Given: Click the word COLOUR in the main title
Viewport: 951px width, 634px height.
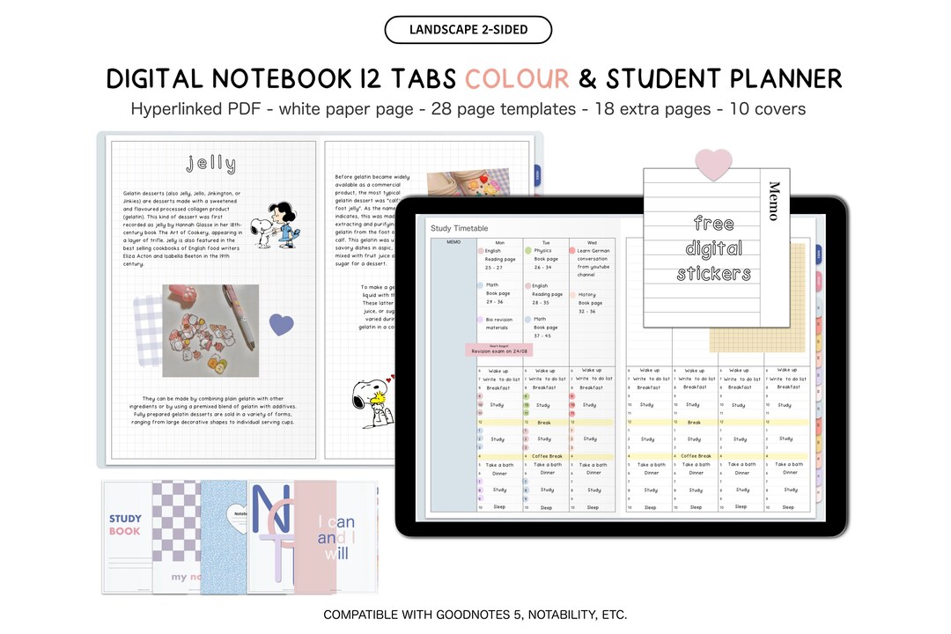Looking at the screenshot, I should [517, 79].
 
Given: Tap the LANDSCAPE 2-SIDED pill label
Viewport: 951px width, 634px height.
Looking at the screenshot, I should [468, 30].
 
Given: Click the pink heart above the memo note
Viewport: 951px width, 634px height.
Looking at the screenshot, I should [713, 163].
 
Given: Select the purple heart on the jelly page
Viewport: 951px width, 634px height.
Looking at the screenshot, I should [281, 325].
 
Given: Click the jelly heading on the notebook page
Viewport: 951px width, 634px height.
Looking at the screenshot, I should [211, 164].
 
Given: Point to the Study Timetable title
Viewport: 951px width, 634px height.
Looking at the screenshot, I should [459, 229].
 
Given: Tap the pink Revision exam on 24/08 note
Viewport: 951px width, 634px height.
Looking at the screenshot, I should [499, 350].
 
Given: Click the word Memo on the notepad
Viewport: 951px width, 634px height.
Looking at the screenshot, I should [774, 201].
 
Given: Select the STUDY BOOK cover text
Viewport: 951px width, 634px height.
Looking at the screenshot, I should [125, 525].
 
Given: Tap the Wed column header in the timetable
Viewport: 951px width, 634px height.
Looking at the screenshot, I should [591, 241].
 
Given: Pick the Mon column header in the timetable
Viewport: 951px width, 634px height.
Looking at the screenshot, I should [500, 241].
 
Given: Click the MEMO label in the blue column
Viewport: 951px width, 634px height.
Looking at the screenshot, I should [453, 241].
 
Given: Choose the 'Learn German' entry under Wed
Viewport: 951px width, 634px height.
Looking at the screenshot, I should [593, 251].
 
